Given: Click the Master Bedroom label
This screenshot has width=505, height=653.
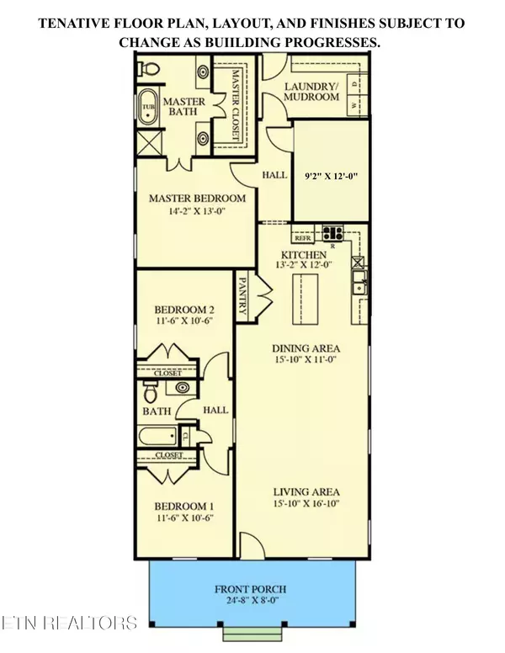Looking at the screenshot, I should [197, 199].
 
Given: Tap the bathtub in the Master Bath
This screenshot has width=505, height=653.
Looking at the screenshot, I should [148, 108].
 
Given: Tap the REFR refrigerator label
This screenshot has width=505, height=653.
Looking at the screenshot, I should [303, 238].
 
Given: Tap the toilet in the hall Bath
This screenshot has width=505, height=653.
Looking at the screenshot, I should [151, 393].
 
